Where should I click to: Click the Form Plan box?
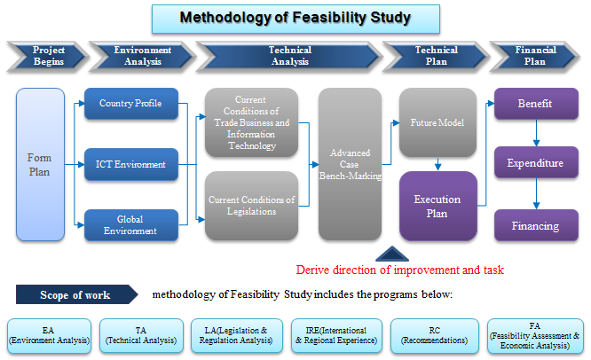coord(40,164)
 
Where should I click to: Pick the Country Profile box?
coord(131,104)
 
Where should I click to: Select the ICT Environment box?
coord(131,164)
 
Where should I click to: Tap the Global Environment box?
coord(131,225)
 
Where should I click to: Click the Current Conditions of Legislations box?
coord(252,206)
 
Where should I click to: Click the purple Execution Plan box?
coord(437,207)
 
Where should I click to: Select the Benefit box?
coord(535,104)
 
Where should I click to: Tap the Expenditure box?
coord(535,164)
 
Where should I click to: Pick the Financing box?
coord(535,225)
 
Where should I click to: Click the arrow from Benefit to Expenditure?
coord(535,134)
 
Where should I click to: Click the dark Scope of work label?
coord(75,294)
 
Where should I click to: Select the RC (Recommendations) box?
coord(434,333)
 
